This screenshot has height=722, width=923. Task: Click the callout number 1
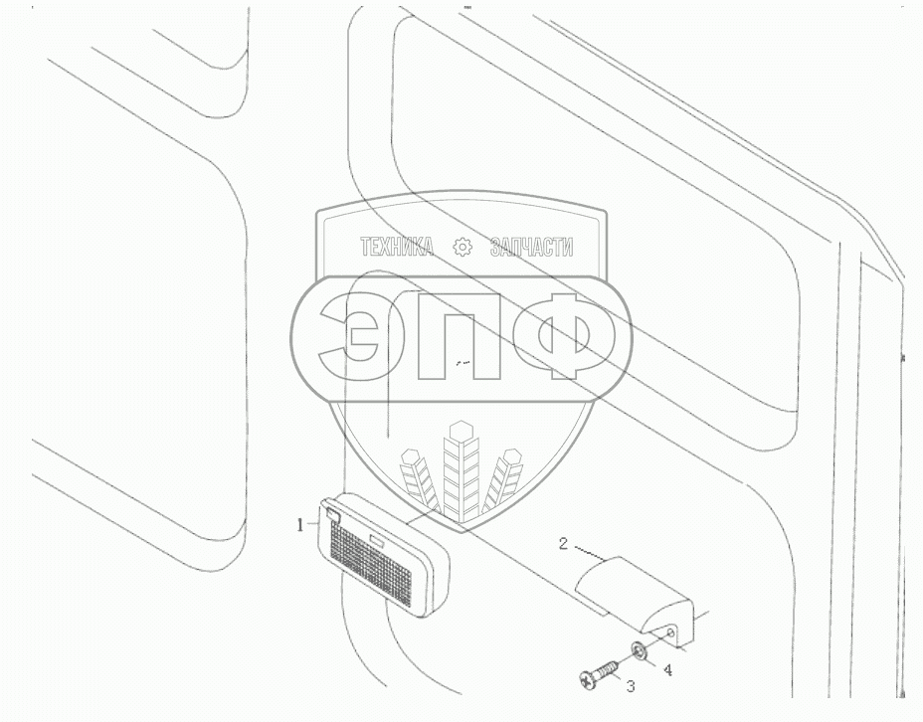(300, 526)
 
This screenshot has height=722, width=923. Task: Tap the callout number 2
(563, 543)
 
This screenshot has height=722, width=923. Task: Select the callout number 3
(629, 684)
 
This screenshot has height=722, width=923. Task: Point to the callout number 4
(667, 669)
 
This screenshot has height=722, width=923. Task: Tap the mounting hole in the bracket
(674, 631)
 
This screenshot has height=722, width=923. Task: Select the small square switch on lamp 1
(331, 515)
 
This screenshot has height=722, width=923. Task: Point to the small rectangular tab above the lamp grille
(379, 539)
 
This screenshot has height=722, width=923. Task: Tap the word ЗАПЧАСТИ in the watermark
(532, 248)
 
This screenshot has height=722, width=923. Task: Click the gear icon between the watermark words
(461, 248)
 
